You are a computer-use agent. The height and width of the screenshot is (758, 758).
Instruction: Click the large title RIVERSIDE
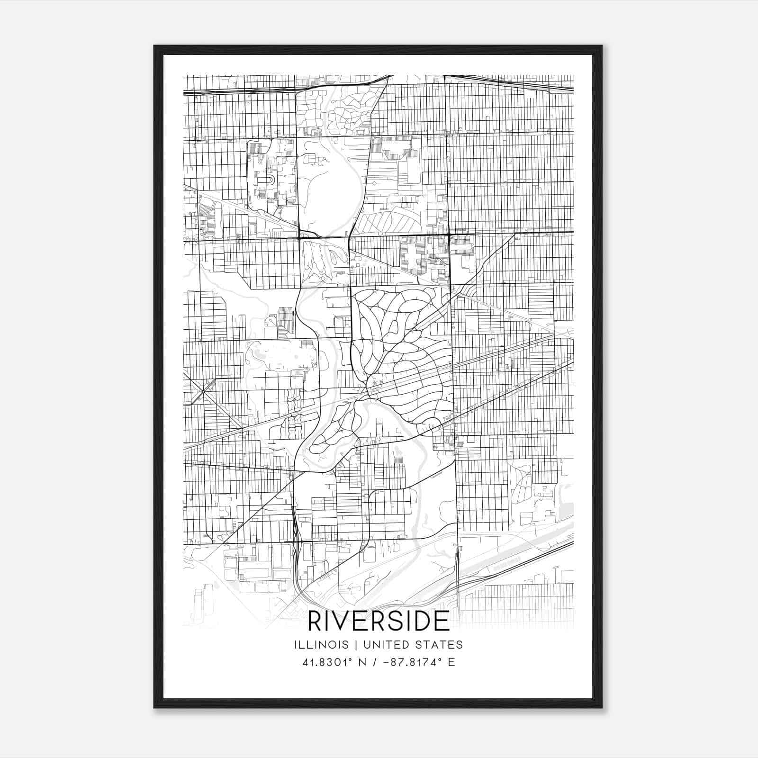379,621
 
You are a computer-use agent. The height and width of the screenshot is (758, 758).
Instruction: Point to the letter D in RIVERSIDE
423,621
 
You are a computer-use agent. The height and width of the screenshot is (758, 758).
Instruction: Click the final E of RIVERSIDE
442,621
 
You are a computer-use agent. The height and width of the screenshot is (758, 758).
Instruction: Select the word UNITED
377,645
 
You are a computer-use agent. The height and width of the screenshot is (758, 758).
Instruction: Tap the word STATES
439,645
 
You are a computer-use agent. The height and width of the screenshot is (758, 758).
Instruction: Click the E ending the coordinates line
451,662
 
